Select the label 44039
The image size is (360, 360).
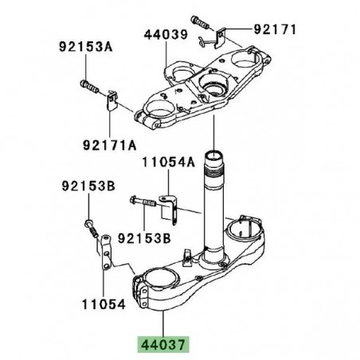coord(166,34)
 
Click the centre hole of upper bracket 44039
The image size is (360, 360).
coord(214,84)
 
